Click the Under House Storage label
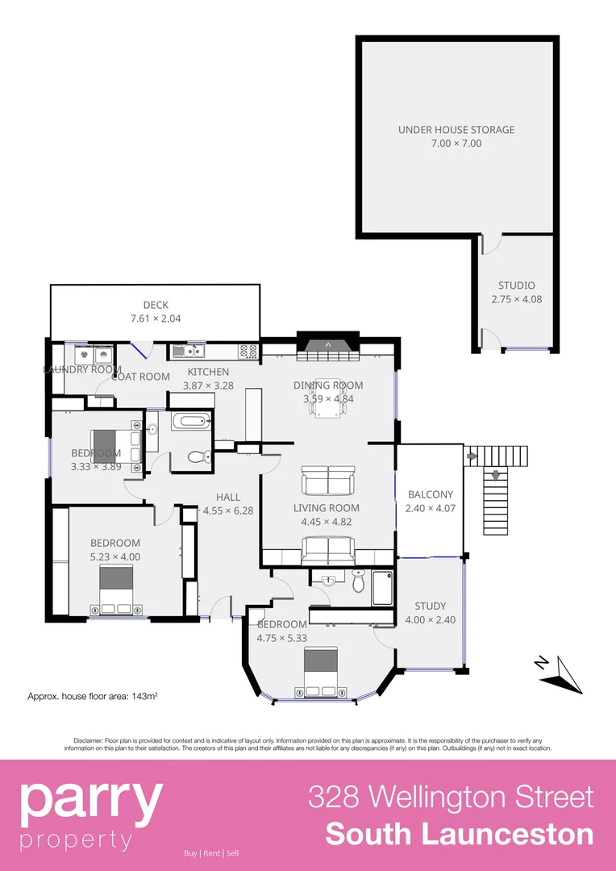click(x=456, y=130)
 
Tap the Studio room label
click(x=516, y=285)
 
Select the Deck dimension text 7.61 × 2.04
click(x=155, y=319)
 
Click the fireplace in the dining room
click(x=327, y=345)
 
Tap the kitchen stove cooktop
click(x=248, y=351)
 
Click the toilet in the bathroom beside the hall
click(x=197, y=456)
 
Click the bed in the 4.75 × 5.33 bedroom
click(x=321, y=672)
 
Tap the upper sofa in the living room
click(x=327, y=482)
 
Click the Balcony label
click(x=430, y=494)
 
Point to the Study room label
click(x=430, y=606)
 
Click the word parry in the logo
click(x=90, y=800)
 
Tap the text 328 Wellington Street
click(x=451, y=797)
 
